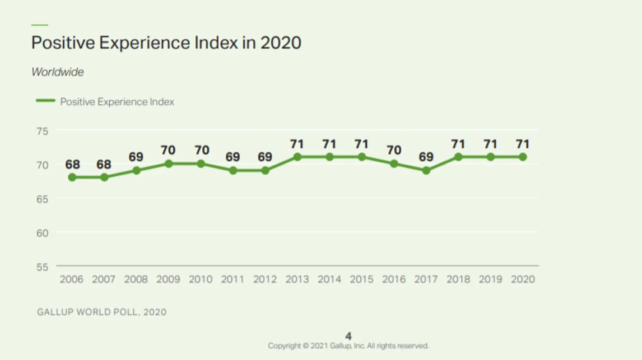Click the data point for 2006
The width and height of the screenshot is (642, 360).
(72, 177)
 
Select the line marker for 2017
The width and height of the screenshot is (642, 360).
(426, 170)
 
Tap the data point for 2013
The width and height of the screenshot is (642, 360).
(297, 157)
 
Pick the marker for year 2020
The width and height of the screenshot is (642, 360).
(523, 157)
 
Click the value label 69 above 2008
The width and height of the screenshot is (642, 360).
(136, 157)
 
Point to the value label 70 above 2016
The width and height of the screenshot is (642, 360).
(394, 151)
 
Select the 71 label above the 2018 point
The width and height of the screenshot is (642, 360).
(458, 144)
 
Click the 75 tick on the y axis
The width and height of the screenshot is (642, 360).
(43, 131)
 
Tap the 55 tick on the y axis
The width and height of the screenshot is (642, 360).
(43, 267)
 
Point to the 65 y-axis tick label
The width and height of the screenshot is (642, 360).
(43, 199)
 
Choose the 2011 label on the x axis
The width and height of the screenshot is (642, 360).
(233, 279)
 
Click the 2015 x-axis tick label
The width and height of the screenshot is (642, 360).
(362, 279)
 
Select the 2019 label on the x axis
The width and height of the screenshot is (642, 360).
(491, 279)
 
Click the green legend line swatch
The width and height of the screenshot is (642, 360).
(45, 101)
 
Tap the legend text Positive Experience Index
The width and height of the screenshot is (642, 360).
(117, 102)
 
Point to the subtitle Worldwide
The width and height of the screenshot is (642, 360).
(58, 72)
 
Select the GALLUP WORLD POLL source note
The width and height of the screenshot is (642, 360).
(101, 312)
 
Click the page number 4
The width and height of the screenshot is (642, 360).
(348, 336)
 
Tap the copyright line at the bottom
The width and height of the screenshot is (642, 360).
(348, 345)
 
